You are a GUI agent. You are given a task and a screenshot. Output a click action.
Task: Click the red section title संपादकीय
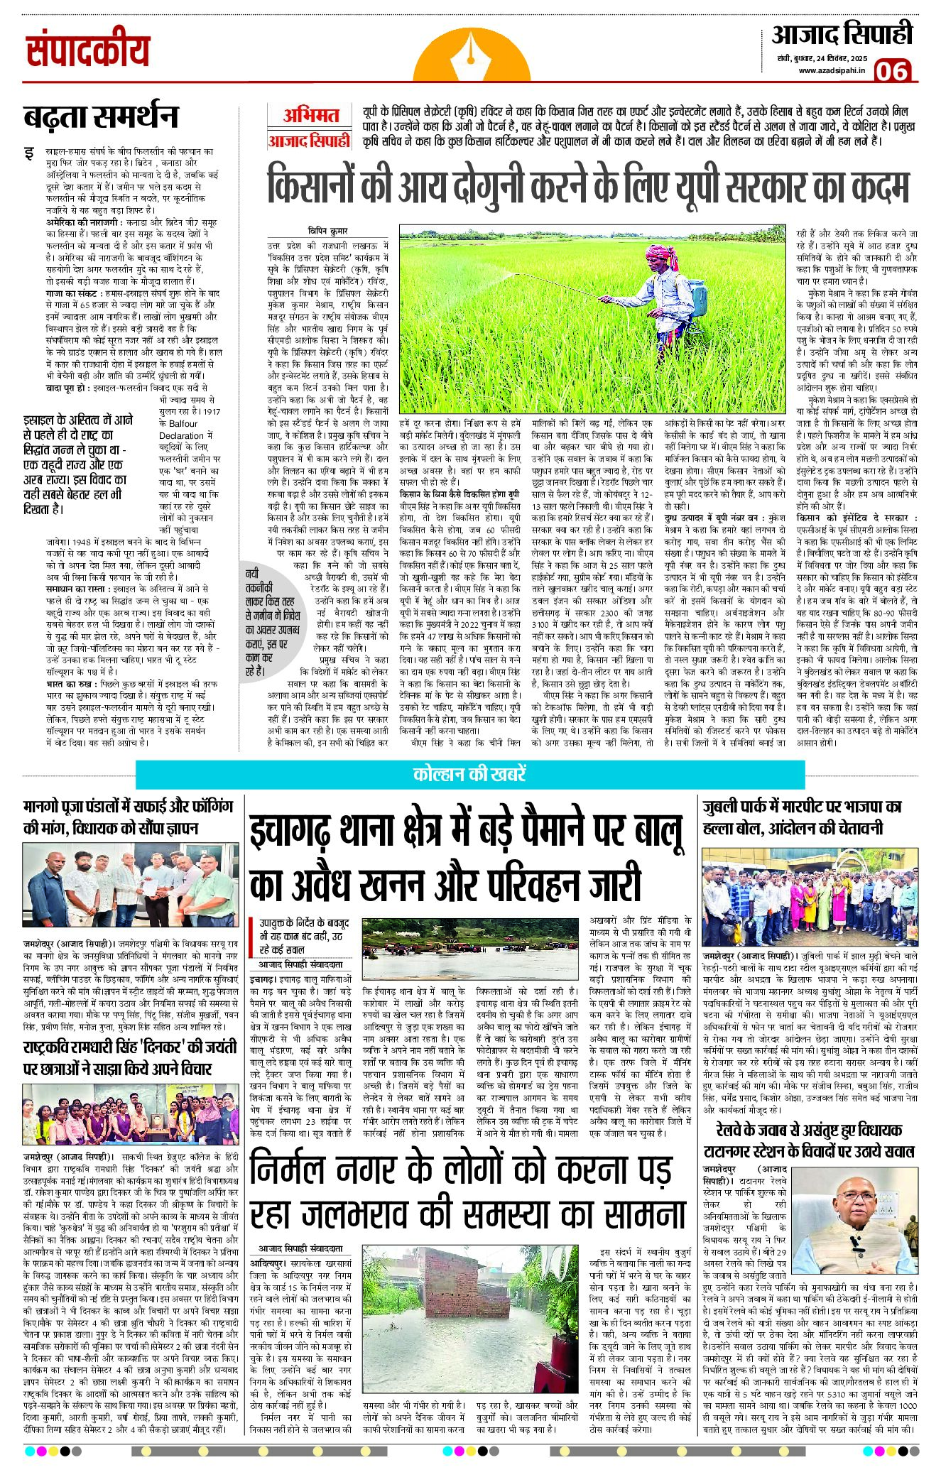click(88, 51)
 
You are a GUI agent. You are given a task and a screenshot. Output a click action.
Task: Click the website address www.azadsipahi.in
click(832, 70)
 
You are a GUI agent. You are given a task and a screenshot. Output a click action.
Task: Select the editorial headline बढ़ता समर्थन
click(100, 116)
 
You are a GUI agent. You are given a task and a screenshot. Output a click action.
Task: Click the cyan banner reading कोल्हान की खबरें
click(469, 774)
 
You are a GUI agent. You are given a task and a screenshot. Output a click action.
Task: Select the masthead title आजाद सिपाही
click(842, 35)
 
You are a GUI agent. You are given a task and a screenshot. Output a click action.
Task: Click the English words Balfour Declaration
click(183, 430)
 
